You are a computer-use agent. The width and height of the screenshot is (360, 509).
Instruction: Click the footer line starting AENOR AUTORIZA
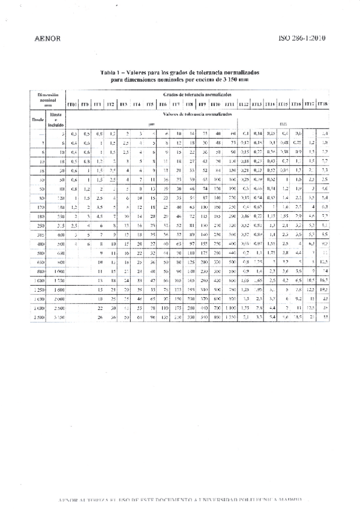tap(180, 499)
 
